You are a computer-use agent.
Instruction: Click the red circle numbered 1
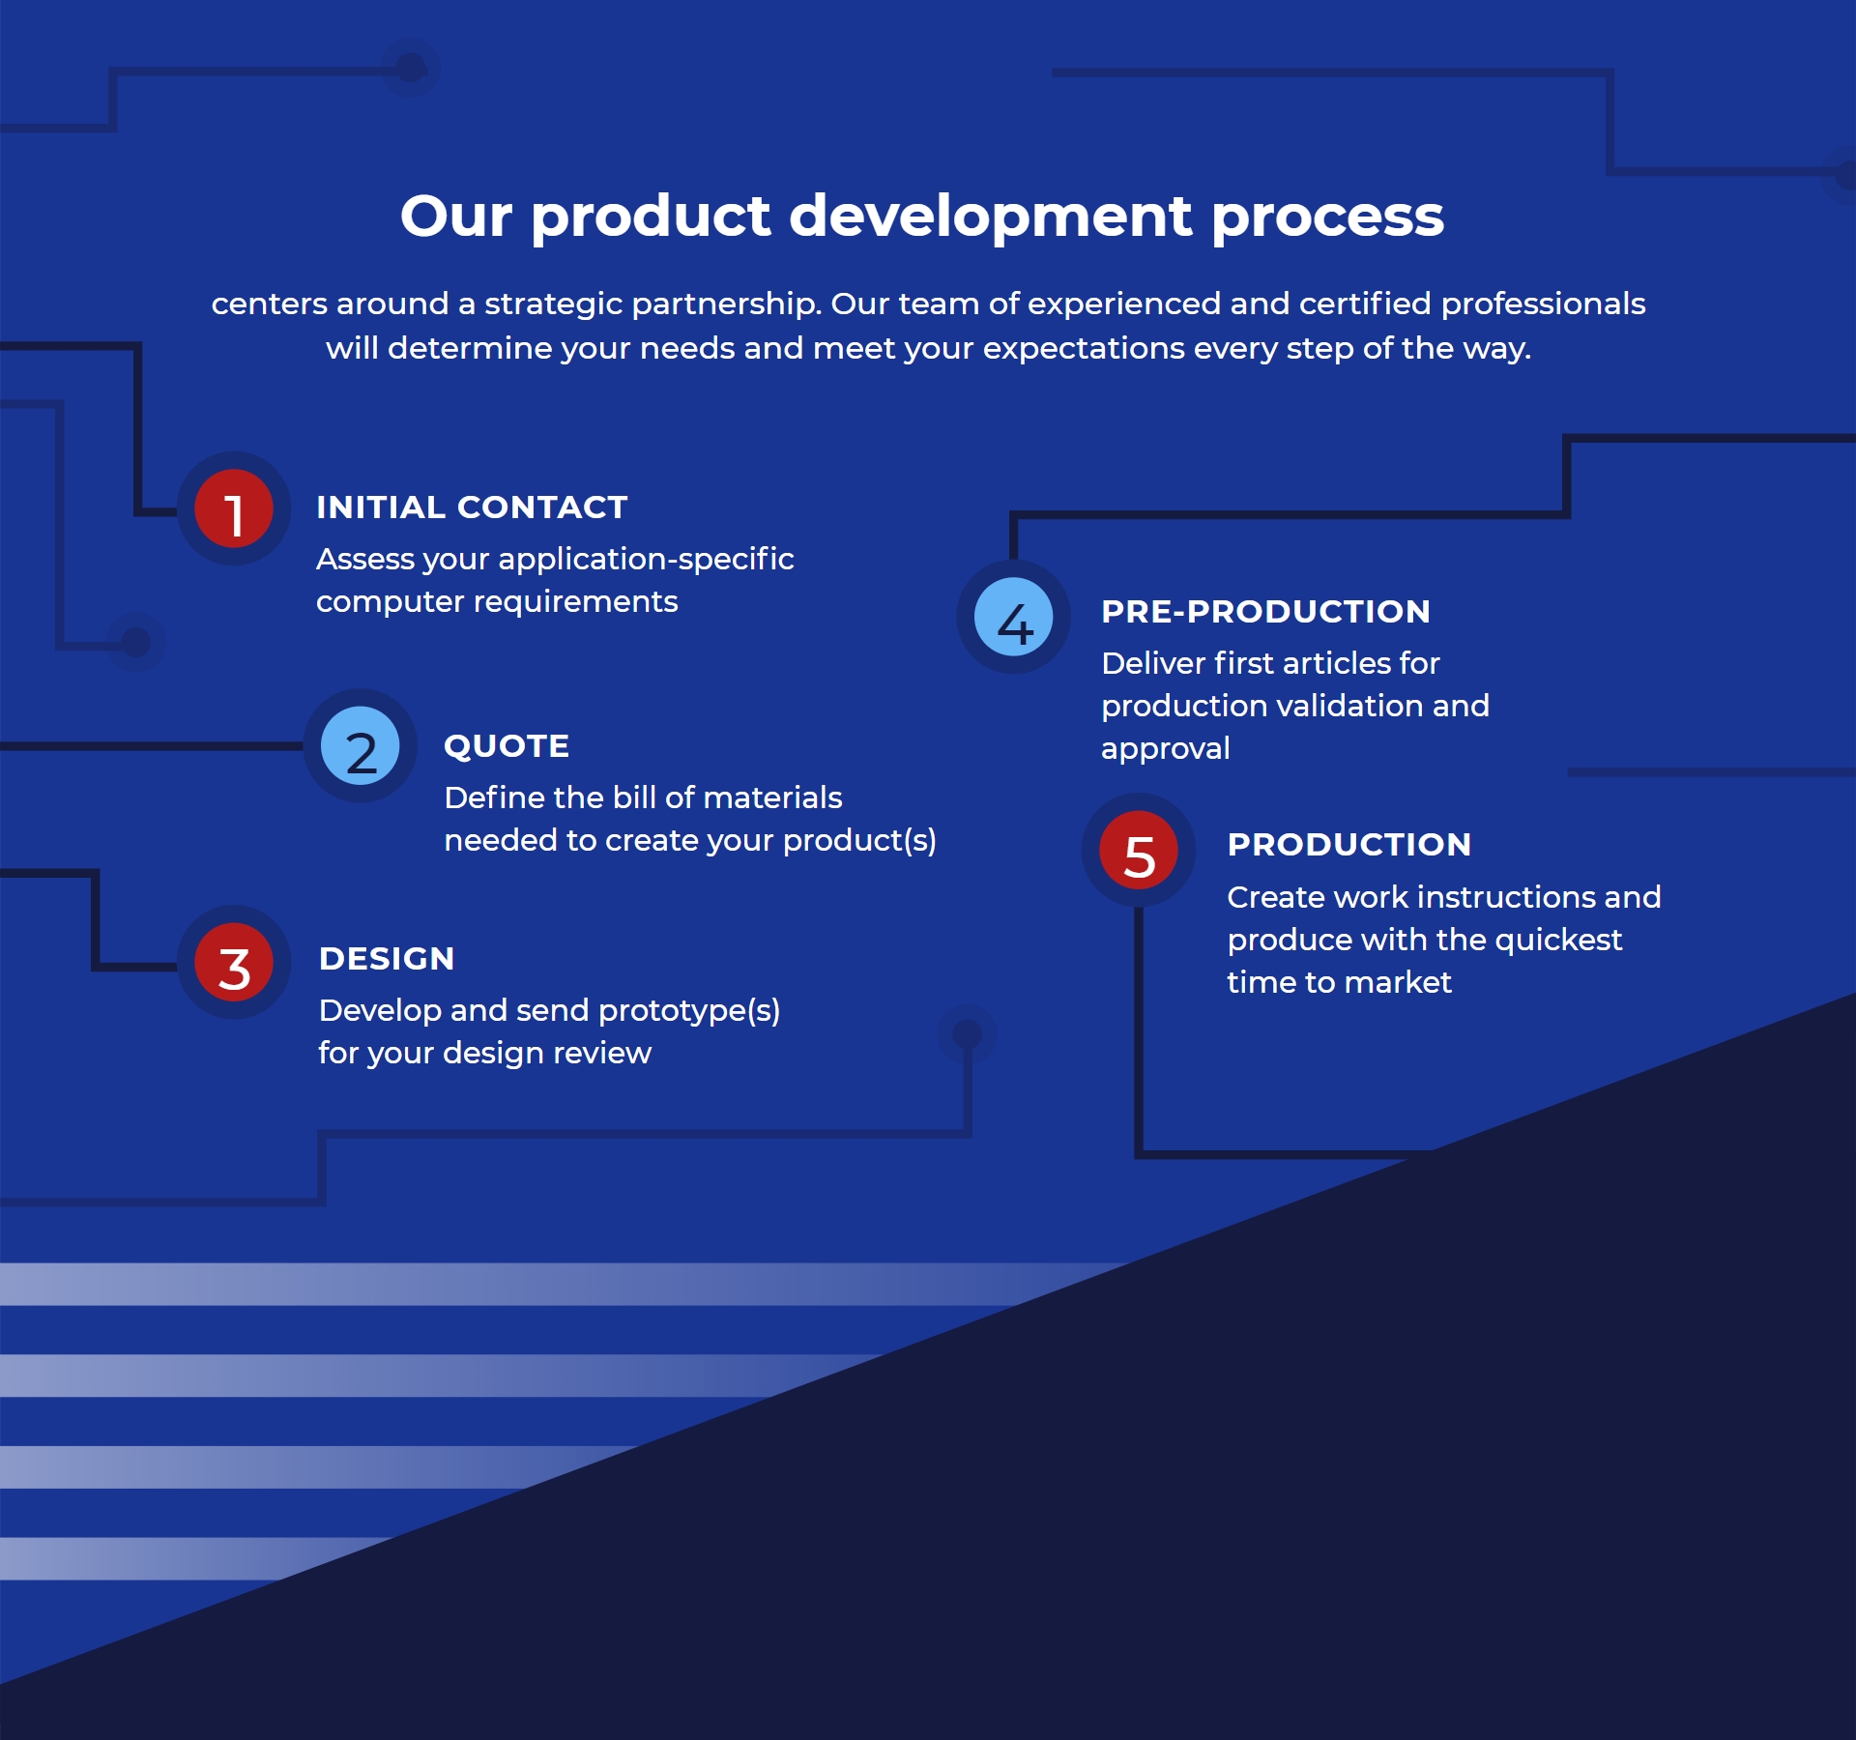234,508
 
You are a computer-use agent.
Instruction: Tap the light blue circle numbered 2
361,745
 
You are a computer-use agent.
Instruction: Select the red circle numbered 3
234,962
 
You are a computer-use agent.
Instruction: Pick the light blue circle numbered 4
1014,617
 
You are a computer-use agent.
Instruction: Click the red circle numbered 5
1139,850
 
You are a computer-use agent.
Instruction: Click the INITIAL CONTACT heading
472,507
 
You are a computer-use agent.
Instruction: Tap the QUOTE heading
507,746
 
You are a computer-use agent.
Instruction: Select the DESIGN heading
387,958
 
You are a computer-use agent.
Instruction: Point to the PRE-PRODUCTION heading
1265,611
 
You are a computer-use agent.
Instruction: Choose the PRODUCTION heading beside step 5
1349,844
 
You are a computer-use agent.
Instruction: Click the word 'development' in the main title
991,217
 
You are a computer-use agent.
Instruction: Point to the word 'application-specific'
646,560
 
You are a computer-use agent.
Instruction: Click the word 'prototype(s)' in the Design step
689,1011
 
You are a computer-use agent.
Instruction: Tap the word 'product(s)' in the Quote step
859,841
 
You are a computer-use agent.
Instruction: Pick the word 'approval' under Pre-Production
1166,749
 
